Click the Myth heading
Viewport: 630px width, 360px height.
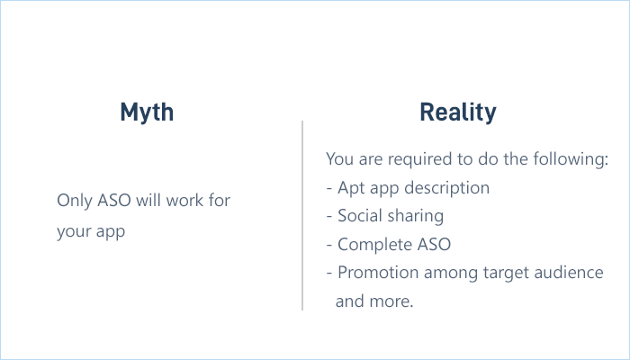pyautogui.click(x=147, y=112)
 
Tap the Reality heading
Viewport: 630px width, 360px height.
pyautogui.click(x=457, y=112)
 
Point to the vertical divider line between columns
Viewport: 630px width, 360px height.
pyautogui.click(x=302, y=216)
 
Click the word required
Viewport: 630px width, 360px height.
pyautogui.click(x=414, y=160)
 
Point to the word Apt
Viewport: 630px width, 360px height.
pyautogui.click(x=352, y=188)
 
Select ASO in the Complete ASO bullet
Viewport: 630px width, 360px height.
pyautogui.click(x=434, y=244)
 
